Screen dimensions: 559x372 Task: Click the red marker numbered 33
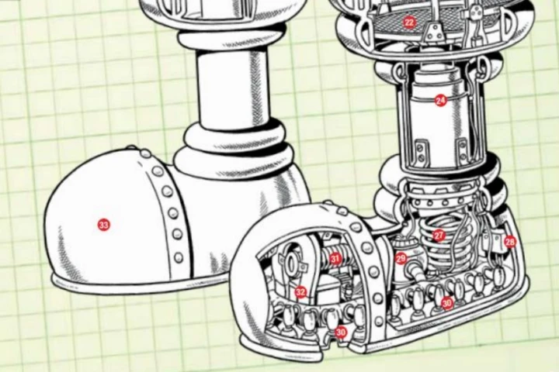pyautogui.click(x=104, y=225)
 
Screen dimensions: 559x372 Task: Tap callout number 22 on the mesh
pyautogui.click(x=409, y=22)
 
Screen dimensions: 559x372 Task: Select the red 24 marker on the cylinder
pyautogui.click(x=441, y=101)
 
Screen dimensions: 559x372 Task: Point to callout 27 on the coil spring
pyautogui.click(x=439, y=236)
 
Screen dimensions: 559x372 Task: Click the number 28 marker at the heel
pyautogui.click(x=510, y=242)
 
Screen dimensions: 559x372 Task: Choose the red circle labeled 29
pyautogui.click(x=401, y=258)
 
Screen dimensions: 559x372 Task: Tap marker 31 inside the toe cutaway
pyautogui.click(x=335, y=258)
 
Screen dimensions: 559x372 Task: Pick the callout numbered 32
pyautogui.click(x=300, y=293)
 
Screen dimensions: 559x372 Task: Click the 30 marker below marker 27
pyautogui.click(x=447, y=303)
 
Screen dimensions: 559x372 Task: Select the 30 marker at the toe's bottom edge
pyautogui.click(x=341, y=332)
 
